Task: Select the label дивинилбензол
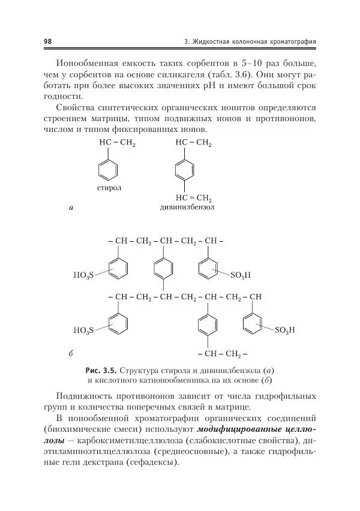tap(187, 208)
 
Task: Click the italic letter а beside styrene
tap(71, 208)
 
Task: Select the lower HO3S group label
tap(83, 330)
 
